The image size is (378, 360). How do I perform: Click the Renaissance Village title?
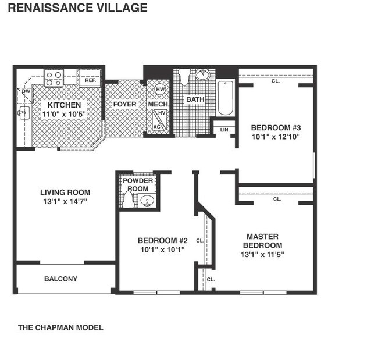pyautogui.click(x=77, y=8)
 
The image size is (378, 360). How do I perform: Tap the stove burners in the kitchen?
pyautogui.click(x=54, y=79)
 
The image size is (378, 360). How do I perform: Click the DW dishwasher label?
pyautogui.click(x=26, y=91)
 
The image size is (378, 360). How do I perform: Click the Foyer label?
pyautogui.click(x=124, y=105)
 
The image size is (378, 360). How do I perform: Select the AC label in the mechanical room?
pyautogui.click(x=156, y=126)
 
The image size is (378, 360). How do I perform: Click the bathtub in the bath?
pyautogui.click(x=225, y=98)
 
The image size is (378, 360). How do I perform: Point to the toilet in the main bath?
pyautogui.click(x=184, y=77)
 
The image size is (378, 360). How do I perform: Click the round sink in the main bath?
pyautogui.click(x=203, y=74)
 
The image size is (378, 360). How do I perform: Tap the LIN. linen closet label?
pyautogui.click(x=224, y=130)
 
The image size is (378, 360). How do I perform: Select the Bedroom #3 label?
pyautogui.click(x=276, y=127)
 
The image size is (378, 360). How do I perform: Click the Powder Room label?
pyautogui.click(x=138, y=185)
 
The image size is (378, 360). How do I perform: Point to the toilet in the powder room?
pyautogui.click(x=128, y=200)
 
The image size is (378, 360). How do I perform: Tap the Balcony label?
pyautogui.click(x=60, y=279)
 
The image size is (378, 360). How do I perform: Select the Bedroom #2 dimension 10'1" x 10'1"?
pyautogui.click(x=162, y=250)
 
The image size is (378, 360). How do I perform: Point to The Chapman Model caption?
pyautogui.click(x=60, y=328)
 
